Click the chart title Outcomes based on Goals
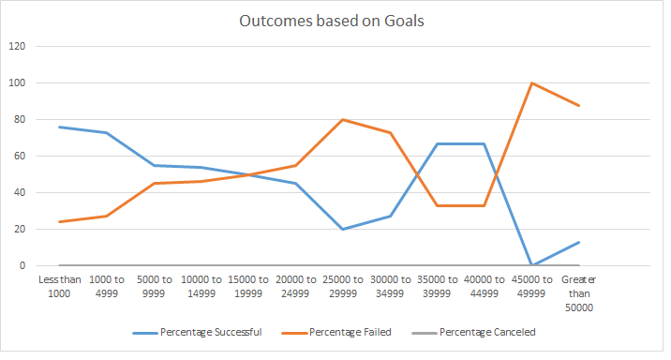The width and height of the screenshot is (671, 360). [x=335, y=22]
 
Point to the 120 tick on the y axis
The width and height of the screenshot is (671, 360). [x=17, y=46]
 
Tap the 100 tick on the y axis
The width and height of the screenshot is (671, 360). [x=17, y=82]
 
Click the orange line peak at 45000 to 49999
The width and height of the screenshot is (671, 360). [x=532, y=82]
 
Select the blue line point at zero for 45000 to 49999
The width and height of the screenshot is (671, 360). [x=532, y=265]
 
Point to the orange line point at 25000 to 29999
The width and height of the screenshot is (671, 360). [x=342, y=119]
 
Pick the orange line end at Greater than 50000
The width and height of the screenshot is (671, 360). [x=579, y=105]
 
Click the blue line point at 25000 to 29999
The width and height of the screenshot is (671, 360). [x=342, y=229]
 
